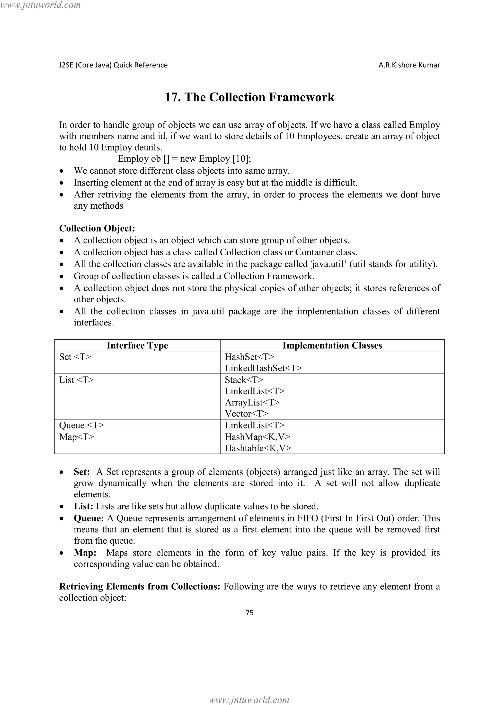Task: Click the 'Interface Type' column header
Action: (x=137, y=345)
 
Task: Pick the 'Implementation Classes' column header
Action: (x=332, y=345)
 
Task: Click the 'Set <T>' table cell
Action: (x=75, y=357)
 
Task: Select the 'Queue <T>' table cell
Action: (x=81, y=425)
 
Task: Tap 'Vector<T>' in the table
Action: (x=246, y=414)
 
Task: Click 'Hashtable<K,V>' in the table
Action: (x=258, y=448)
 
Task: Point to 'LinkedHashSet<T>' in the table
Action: (x=263, y=368)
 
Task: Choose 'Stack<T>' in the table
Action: (x=244, y=380)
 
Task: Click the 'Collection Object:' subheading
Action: (x=97, y=228)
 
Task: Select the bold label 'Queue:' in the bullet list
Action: (x=89, y=518)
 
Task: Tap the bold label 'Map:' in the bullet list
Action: (x=85, y=553)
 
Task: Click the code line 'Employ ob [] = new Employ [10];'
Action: (x=184, y=159)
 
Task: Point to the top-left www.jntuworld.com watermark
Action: (x=40, y=5)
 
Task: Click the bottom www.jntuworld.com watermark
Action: (x=249, y=700)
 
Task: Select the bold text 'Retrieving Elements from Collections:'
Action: (x=140, y=586)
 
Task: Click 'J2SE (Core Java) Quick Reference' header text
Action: (x=113, y=65)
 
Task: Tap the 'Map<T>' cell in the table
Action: (x=76, y=437)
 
